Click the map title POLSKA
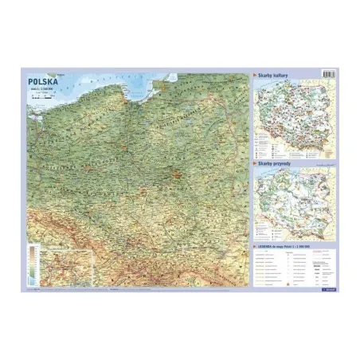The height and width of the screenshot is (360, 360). tap(44, 80)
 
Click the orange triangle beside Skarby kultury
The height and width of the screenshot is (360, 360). tap(254, 74)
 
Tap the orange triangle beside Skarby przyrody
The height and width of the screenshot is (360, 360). tap(254, 162)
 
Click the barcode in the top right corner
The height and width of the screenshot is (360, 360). tap(327, 73)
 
